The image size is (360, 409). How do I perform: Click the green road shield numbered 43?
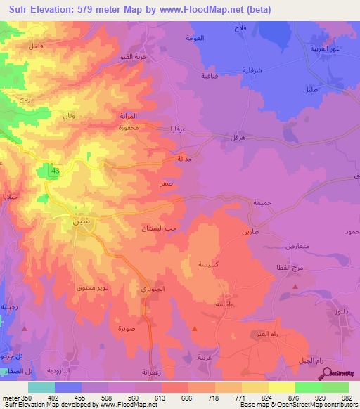tap(55, 171)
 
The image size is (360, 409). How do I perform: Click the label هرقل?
tap(218, 138)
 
